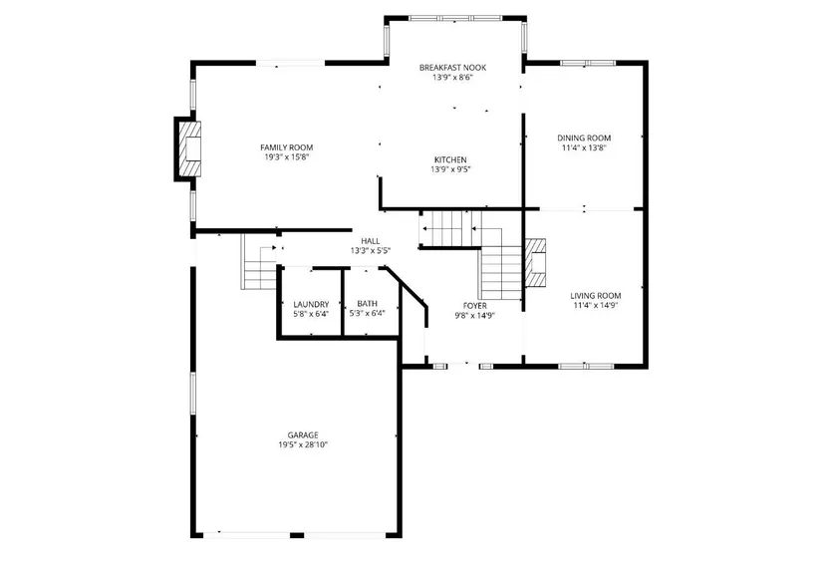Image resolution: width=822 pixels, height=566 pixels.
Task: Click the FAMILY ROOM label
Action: click(286, 147)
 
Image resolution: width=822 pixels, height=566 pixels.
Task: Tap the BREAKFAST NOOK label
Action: click(452, 68)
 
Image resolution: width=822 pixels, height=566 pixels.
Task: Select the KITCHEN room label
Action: click(450, 159)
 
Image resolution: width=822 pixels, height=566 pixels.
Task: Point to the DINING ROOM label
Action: click(584, 139)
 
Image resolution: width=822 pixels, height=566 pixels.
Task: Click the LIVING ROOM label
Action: click(596, 296)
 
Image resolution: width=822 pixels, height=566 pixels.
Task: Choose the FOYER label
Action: click(474, 306)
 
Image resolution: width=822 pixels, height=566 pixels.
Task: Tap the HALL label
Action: click(370, 241)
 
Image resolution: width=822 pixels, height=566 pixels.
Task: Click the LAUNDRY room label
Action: click(311, 305)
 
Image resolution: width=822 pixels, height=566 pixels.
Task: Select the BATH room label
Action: click(367, 304)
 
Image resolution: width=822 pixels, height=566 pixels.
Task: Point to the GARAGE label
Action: click(303, 435)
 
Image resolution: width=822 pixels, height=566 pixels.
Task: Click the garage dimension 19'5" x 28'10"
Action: click(303, 445)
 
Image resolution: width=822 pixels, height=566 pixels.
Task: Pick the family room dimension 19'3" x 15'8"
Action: click(286, 157)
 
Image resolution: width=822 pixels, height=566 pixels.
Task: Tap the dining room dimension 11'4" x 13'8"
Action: click(584, 147)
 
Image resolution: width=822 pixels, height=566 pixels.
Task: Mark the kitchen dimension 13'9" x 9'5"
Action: click(450, 169)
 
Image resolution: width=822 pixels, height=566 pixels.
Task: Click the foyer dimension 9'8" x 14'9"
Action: click(474, 316)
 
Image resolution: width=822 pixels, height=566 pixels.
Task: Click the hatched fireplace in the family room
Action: click(189, 148)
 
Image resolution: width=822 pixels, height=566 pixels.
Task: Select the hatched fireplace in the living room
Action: click(535, 263)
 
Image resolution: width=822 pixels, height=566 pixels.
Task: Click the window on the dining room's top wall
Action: click(588, 63)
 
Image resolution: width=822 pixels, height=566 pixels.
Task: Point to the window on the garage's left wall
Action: click(193, 393)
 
